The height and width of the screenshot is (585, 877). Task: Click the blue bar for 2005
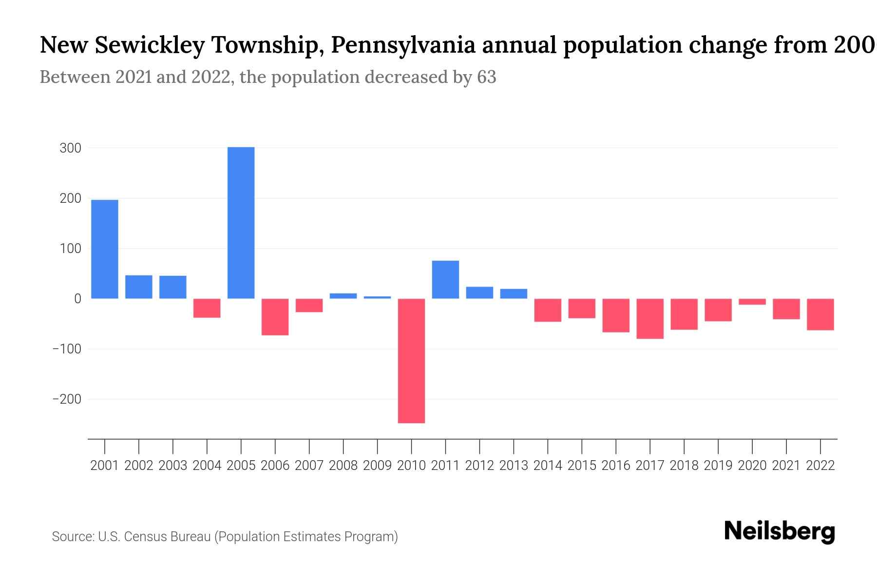(x=241, y=223)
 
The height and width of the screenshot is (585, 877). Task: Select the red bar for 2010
(x=411, y=361)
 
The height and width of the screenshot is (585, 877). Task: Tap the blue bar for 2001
(x=105, y=249)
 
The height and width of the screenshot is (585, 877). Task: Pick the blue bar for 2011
(x=445, y=280)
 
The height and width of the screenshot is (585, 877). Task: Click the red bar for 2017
(x=650, y=319)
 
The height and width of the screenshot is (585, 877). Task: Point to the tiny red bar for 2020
(x=752, y=302)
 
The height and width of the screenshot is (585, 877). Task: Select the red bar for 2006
(x=275, y=317)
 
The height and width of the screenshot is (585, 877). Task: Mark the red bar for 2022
(x=820, y=314)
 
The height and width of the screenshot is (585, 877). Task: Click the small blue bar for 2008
(x=343, y=296)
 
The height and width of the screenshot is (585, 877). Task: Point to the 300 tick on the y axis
(x=70, y=148)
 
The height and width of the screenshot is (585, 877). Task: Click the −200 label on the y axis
(x=67, y=399)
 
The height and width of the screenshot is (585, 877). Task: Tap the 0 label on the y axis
(x=77, y=299)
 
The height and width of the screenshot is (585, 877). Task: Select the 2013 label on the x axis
(x=514, y=466)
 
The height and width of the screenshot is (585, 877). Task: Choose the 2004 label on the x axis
(x=207, y=466)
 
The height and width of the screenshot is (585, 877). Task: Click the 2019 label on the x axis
(x=718, y=466)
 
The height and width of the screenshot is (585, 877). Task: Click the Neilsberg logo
(x=780, y=531)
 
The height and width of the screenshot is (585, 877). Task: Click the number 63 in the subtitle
(x=486, y=77)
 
